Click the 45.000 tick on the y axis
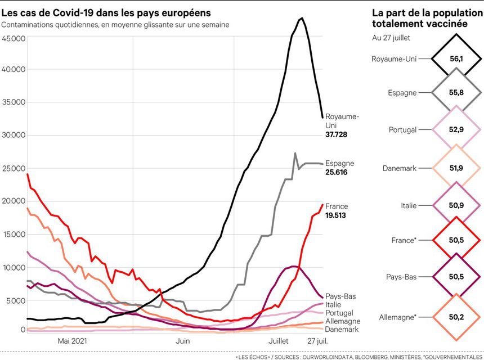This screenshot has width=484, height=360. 14,38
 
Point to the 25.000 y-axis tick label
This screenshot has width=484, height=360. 14,168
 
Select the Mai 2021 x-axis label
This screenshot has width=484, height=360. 73,341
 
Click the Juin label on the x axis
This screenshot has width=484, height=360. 182,341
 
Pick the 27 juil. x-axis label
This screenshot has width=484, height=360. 319,341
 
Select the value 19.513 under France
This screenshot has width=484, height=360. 337,215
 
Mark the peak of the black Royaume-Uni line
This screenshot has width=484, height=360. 302,19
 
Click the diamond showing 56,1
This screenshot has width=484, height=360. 456,58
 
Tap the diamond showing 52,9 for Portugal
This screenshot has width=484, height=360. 456,130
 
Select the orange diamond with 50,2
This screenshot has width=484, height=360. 456,317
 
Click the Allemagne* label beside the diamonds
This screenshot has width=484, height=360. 398,317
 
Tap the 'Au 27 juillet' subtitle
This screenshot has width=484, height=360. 391,38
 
